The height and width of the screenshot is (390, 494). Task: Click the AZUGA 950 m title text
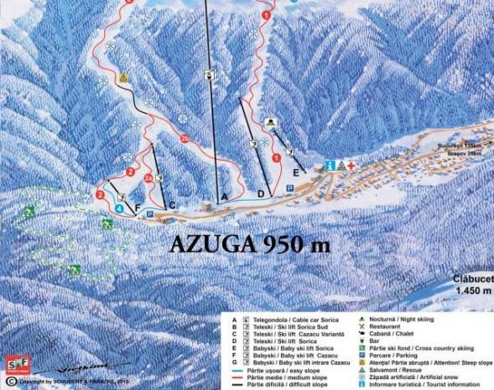click(249, 244)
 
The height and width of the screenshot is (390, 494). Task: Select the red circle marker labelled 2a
click(149, 178)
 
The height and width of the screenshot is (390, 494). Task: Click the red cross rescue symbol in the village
click(352, 165)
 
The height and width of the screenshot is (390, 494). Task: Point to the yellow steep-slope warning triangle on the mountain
click(123, 78)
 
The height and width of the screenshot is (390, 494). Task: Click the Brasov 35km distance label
click(465, 154)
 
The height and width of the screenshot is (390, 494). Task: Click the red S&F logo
click(14, 366)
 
